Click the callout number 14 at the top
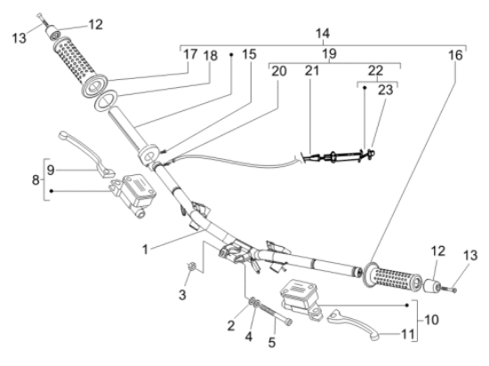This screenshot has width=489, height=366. point(323,33)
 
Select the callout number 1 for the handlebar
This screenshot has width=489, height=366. point(145,250)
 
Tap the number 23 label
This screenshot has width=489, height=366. point(386,90)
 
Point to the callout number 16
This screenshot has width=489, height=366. point(455,55)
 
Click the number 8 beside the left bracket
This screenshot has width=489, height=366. point(36,179)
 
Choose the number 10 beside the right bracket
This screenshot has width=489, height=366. point(431,320)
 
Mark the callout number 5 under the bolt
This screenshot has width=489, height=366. point(272,343)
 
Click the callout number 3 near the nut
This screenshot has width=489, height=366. point(182,295)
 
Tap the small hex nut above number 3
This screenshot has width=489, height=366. point(192,267)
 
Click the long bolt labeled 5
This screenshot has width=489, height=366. point(276,314)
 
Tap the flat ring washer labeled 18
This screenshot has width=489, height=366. point(106,99)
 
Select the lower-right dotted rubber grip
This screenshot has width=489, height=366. point(392,277)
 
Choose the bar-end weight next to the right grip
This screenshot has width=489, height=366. point(431,285)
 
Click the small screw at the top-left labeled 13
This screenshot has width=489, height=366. point(42,20)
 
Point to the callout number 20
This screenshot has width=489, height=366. point(279,71)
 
